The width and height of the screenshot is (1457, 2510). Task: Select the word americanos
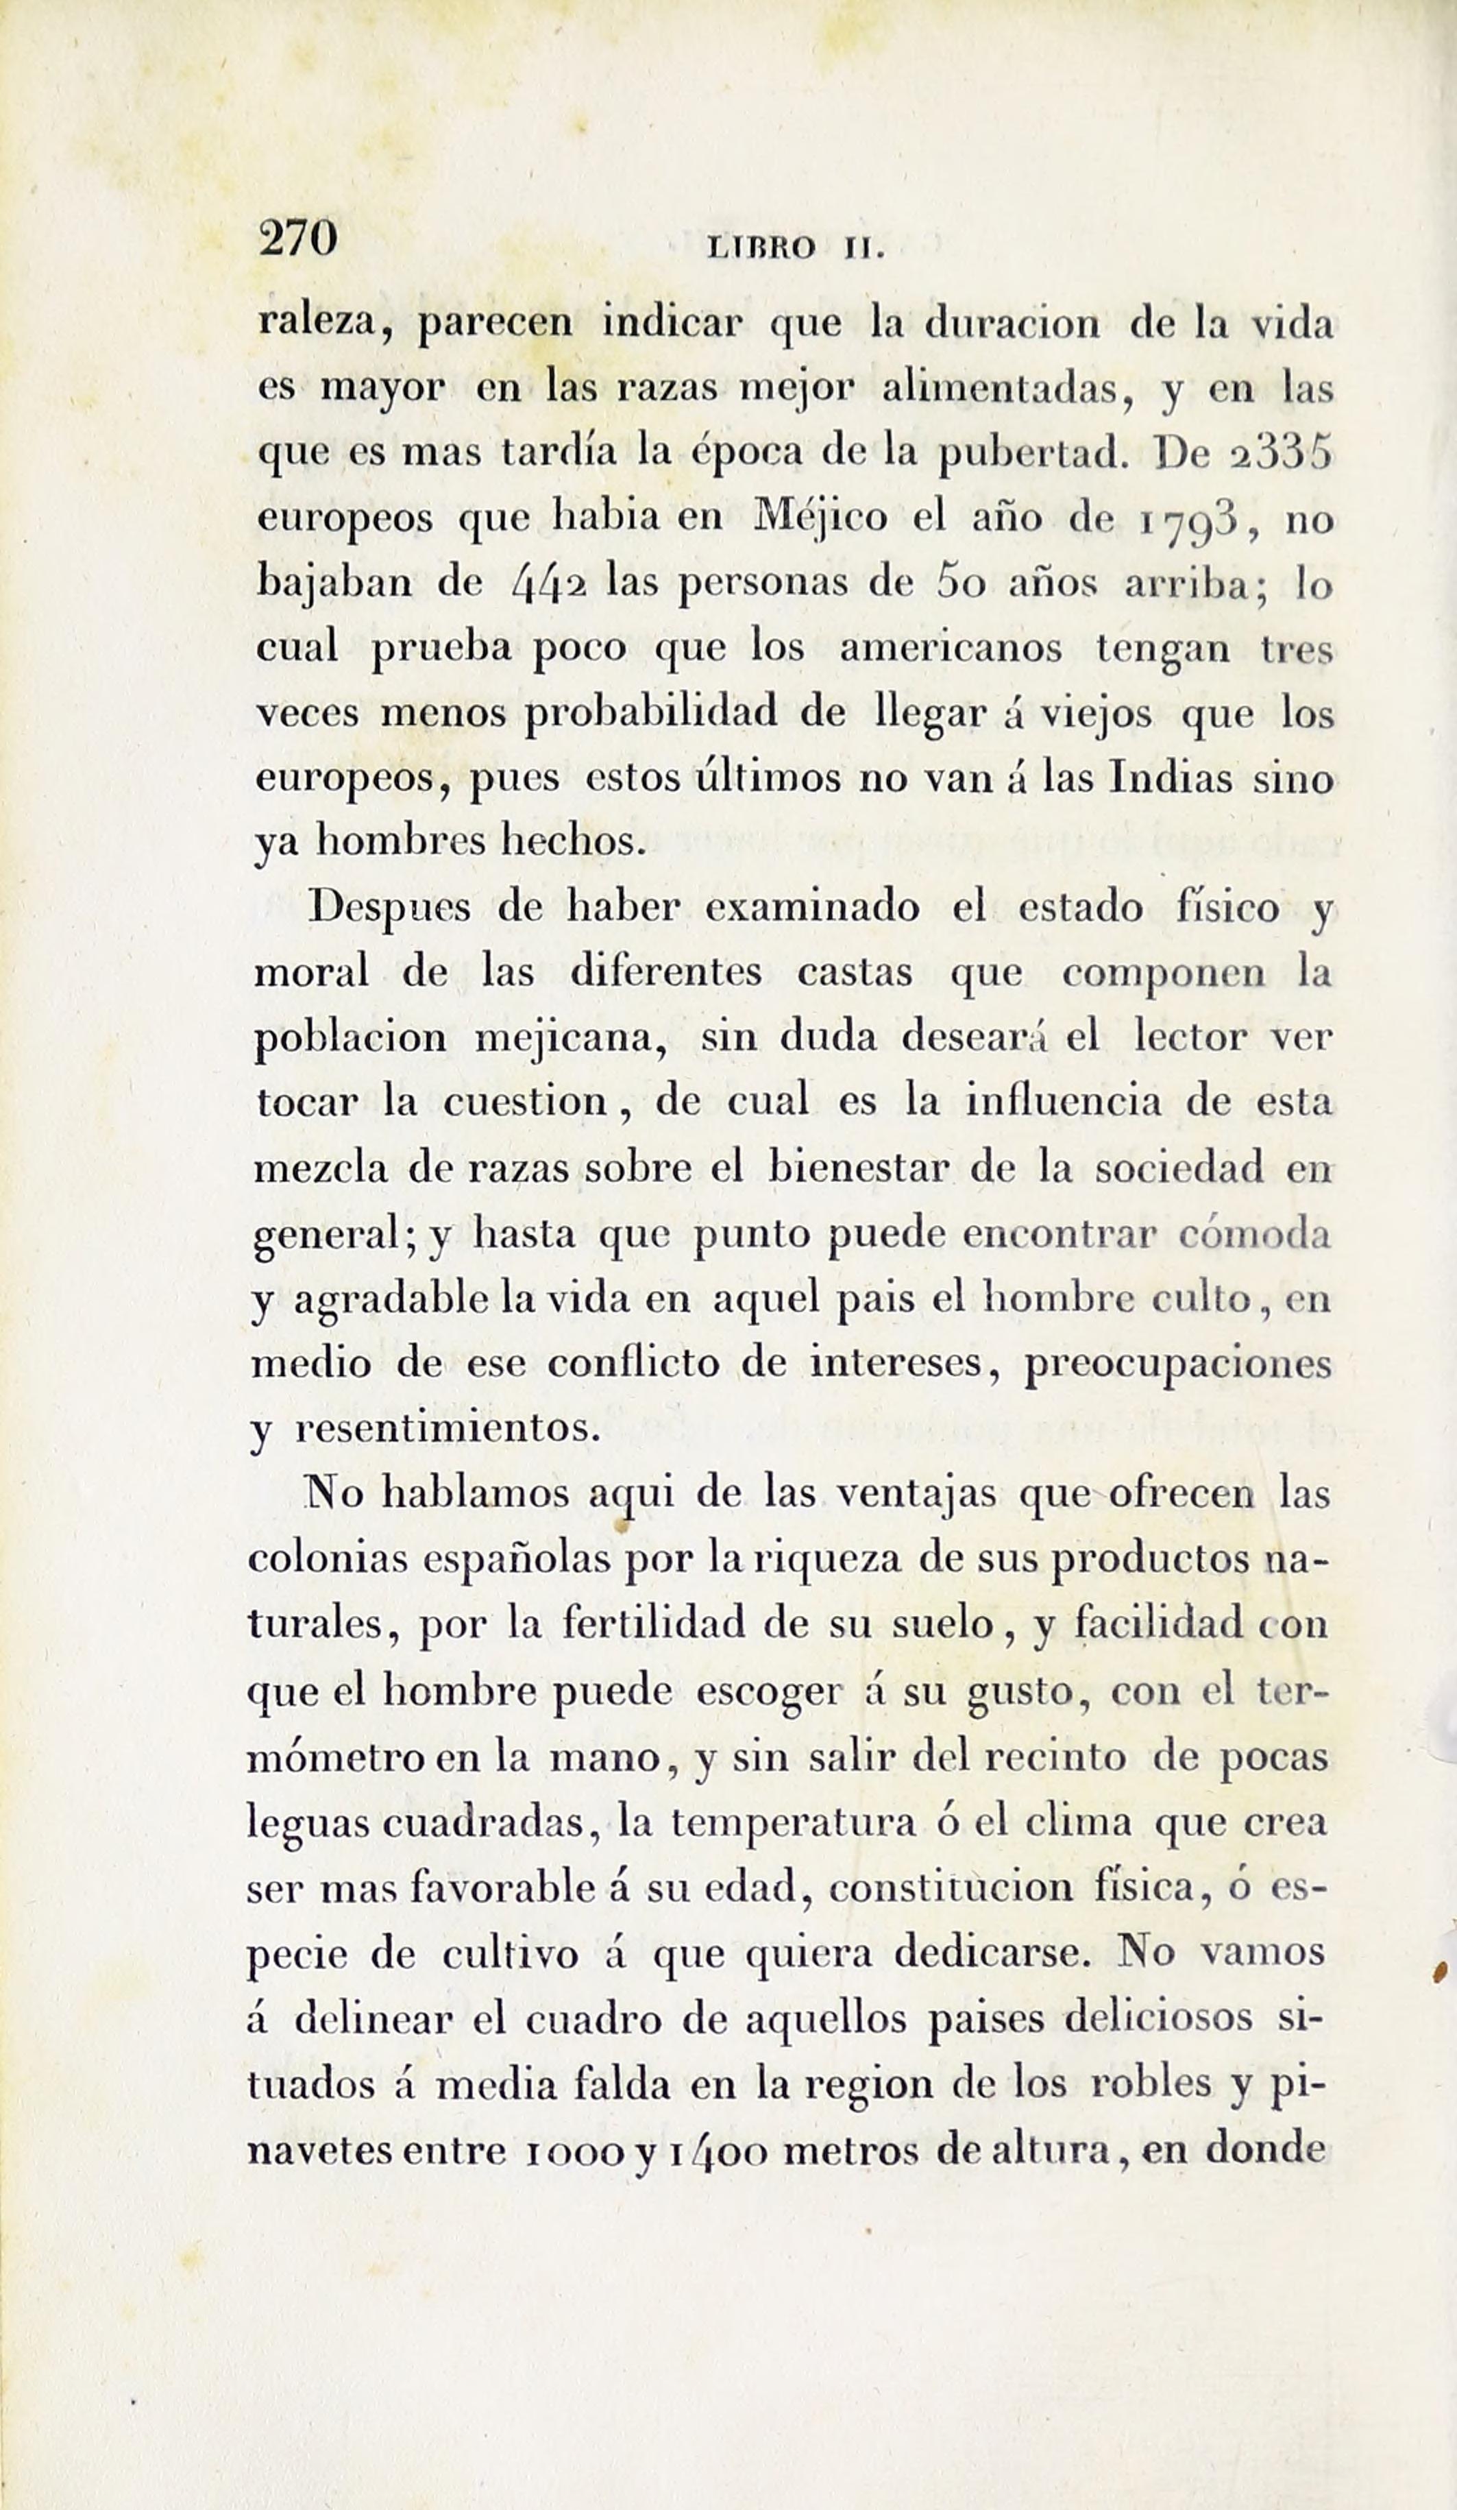(x=951, y=649)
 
